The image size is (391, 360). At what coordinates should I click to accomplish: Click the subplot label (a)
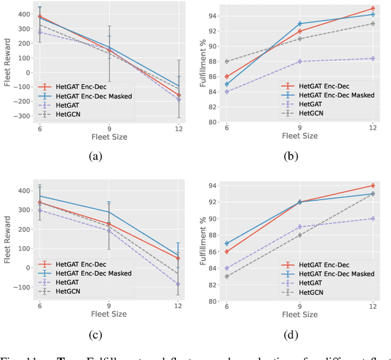[95, 156]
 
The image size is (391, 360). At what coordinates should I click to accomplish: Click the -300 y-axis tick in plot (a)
[24, 116]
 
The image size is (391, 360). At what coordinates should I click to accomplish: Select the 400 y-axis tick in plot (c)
[24, 191]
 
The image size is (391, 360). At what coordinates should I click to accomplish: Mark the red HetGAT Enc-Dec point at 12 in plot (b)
[373, 9]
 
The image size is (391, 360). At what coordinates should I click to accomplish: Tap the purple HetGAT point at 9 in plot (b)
[300, 61]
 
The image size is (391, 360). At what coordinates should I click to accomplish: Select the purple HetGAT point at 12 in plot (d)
[373, 218]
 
